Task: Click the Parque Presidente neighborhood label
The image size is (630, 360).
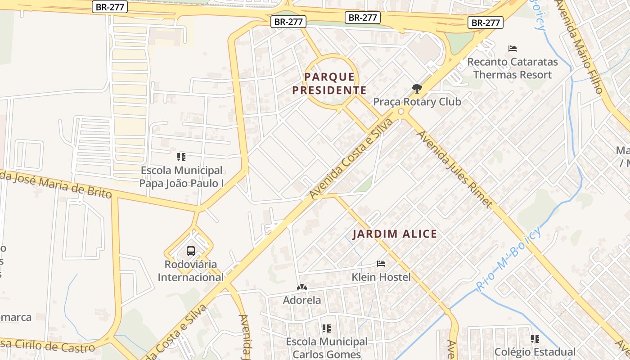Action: (329, 84)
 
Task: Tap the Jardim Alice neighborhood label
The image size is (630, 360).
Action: (394, 234)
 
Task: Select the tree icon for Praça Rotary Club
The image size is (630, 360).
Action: (417, 88)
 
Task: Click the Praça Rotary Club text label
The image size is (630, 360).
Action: (417, 102)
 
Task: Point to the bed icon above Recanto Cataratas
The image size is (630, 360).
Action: (512, 49)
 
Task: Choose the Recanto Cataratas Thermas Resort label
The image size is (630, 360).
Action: (512, 68)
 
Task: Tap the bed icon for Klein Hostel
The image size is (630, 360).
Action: (381, 264)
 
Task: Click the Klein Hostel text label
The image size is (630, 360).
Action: (381, 277)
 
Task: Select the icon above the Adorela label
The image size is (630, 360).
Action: (301, 287)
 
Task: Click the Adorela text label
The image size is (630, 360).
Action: (301, 300)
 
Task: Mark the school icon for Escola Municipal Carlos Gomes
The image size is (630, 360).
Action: (327, 328)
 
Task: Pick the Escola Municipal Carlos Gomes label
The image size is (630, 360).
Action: (327, 348)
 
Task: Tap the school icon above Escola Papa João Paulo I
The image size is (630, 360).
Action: (181, 157)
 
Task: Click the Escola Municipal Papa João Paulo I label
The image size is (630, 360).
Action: (181, 177)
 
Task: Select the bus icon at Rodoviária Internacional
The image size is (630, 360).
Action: (190, 251)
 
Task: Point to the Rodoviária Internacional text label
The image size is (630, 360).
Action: (190, 270)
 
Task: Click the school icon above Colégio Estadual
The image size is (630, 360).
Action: (535, 338)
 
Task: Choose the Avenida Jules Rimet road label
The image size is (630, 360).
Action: (454, 169)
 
